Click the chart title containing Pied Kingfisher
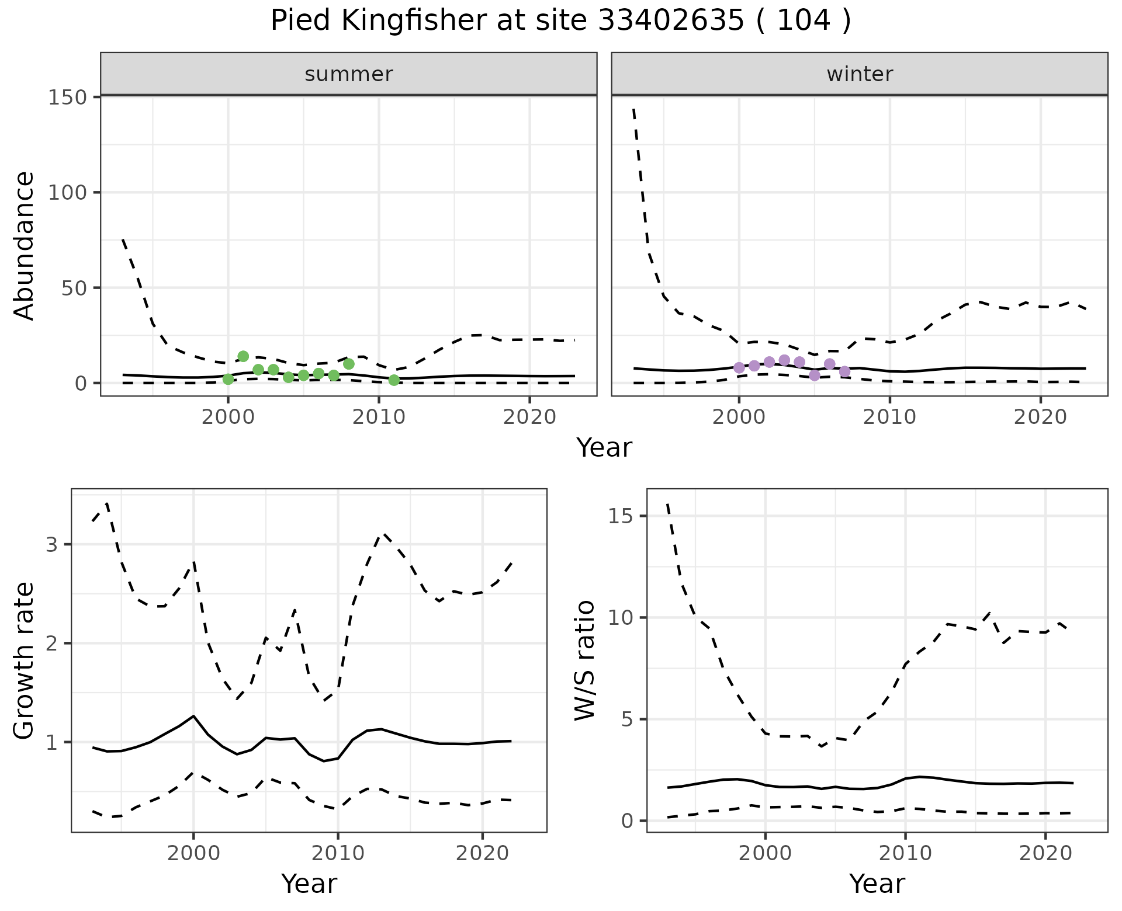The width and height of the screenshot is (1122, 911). pyautogui.click(x=560, y=21)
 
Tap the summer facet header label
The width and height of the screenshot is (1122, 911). pyautogui.click(x=348, y=74)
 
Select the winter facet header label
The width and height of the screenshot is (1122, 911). pyautogui.click(x=860, y=74)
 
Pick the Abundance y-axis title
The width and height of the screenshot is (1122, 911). pyautogui.click(x=25, y=246)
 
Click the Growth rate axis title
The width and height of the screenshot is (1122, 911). pyautogui.click(x=25, y=661)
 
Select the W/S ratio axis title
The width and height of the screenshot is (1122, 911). pyautogui.click(x=585, y=660)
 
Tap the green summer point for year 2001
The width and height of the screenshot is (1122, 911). pyautogui.click(x=243, y=356)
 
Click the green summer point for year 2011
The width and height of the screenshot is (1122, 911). pyautogui.click(x=394, y=380)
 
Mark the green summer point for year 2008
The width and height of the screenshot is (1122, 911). pyautogui.click(x=349, y=364)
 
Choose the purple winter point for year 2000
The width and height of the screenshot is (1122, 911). pyautogui.click(x=739, y=367)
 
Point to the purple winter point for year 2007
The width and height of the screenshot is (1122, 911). pyautogui.click(x=844, y=371)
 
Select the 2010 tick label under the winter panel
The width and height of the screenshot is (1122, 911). pyautogui.click(x=889, y=418)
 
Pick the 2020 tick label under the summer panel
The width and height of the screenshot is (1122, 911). pyautogui.click(x=529, y=418)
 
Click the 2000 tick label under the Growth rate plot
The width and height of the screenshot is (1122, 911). pyautogui.click(x=193, y=853)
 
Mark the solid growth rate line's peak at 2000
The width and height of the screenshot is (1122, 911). pyautogui.click(x=193, y=716)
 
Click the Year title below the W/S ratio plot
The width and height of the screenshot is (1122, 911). pyautogui.click(x=877, y=884)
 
